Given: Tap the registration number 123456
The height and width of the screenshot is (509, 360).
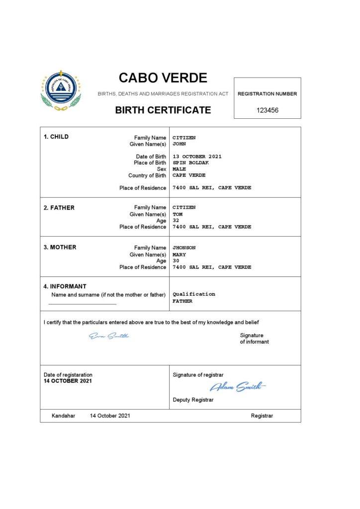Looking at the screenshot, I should [268, 110].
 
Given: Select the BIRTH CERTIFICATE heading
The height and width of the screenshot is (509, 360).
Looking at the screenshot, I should [163, 110].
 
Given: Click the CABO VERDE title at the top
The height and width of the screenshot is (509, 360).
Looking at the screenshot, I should [163, 78].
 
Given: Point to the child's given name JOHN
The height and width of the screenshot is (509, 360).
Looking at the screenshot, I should [179, 144].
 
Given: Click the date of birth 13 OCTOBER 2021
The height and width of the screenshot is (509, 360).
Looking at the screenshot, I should [197, 157].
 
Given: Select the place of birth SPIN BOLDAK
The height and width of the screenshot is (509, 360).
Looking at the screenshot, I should [191, 163].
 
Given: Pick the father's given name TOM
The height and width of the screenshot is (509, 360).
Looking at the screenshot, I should [178, 214].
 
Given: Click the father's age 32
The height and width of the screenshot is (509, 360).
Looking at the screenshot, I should [176, 220].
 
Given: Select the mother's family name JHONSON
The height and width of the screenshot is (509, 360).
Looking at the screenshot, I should [184, 248].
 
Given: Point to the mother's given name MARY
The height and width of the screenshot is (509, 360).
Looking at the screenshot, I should [179, 254].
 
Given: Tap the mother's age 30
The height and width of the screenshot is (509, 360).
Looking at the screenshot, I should [176, 260].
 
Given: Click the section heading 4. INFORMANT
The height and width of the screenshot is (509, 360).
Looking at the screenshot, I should [65, 286].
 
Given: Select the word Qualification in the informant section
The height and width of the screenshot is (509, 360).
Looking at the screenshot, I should [194, 294].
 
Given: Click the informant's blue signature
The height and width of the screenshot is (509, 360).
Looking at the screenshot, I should [109, 337].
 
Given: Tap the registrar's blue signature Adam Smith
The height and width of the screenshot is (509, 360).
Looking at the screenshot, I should [238, 387].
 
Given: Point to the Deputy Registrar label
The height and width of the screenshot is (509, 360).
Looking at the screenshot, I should [193, 400].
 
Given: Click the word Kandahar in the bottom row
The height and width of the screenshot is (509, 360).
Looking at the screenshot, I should [63, 416].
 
